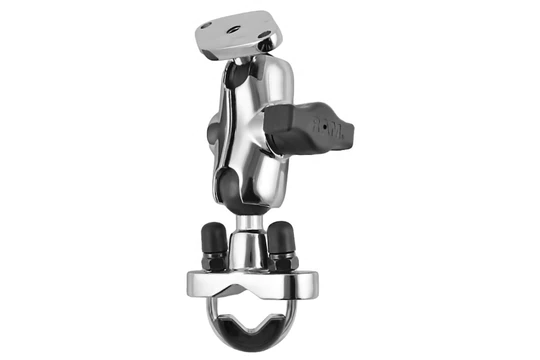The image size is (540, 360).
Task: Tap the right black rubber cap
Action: point(284,240)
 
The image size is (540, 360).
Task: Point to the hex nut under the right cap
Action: point(284,262)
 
